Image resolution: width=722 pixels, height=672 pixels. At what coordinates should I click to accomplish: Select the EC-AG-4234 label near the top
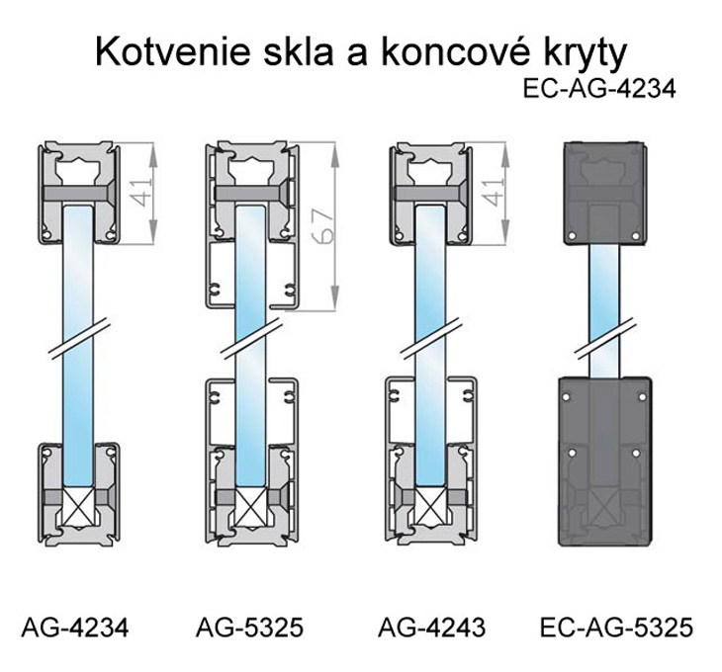(599, 88)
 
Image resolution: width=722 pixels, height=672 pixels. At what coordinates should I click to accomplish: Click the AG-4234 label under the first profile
(75, 627)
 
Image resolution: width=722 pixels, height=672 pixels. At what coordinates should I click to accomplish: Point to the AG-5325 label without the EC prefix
(249, 627)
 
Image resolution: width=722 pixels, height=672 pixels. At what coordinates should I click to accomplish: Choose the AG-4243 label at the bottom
(431, 627)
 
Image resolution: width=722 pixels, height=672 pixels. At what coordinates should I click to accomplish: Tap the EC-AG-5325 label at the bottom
(616, 627)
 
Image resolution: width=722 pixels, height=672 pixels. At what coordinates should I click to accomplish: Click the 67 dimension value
(322, 226)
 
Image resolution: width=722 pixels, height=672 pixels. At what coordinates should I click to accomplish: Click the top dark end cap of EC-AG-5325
(604, 193)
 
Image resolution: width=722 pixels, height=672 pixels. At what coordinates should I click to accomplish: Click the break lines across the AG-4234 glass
(80, 337)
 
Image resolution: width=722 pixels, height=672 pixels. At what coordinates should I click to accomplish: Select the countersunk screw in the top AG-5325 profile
(252, 193)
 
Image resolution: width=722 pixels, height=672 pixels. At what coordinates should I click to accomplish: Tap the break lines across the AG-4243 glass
(431, 337)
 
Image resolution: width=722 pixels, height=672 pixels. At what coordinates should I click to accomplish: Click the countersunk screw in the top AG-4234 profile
(79, 193)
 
